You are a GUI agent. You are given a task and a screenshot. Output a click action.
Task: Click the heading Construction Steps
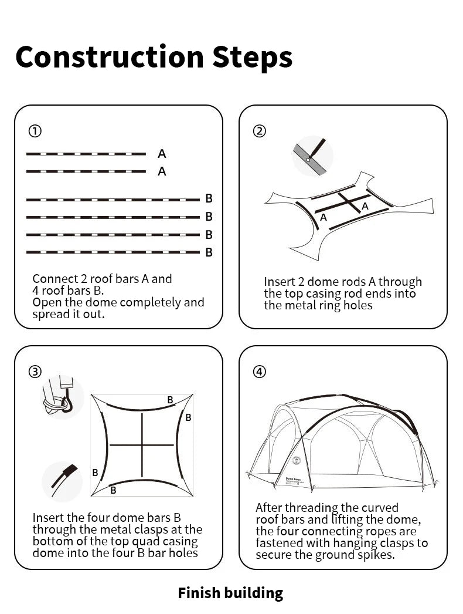(x=154, y=57)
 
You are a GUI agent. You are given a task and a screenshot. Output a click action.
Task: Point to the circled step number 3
(x=35, y=372)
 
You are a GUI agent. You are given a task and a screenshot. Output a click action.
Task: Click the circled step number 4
(x=259, y=372)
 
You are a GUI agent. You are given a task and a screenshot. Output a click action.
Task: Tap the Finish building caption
(x=230, y=593)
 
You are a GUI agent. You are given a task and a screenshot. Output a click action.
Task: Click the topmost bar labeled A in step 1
(x=86, y=154)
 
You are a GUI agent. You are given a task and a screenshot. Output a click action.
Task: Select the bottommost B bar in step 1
(x=113, y=252)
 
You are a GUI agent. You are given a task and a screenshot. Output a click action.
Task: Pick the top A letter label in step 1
(x=162, y=154)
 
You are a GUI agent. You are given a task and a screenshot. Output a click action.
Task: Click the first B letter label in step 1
(x=209, y=199)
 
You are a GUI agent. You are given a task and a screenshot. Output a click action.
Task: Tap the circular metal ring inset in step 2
(x=312, y=156)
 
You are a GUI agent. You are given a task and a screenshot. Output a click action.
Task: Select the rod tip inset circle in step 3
(x=62, y=481)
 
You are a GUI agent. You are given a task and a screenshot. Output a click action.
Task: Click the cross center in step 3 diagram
(x=142, y=444)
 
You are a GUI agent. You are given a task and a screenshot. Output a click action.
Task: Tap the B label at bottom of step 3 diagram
(x=113, y=490)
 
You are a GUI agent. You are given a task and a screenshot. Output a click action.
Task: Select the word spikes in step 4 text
(x=375, y=555)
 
